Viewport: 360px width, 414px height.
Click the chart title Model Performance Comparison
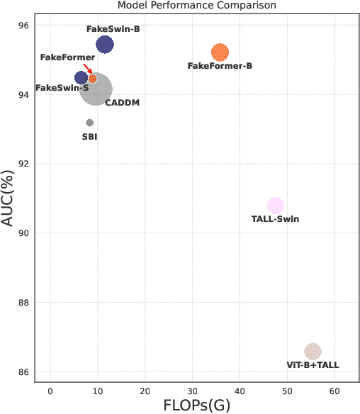tap(197, 6)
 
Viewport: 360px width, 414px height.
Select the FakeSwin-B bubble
tap(104, 45)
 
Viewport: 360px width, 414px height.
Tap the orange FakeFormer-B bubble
tap(220, 52)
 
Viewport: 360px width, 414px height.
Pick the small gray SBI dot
tap(89, 123)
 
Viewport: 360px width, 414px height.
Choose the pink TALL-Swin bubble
tap(275, 206)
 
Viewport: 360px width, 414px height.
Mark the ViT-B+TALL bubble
tap(313, 352)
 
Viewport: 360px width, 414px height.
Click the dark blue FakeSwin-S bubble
tap(81, 78)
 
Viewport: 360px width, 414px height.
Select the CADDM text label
tap(122, 103)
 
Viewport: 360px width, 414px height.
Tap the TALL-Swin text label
tap(275, 219)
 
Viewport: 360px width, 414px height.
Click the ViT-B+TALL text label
tap(313, 365)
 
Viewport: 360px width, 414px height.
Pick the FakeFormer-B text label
tap(220, 66)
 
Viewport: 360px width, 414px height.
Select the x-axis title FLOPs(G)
tap(197, 406)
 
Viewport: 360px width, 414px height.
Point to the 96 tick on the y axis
tap(23, 26)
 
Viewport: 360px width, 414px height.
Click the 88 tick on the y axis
tap(23, 303)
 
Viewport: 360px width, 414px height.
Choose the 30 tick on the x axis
tap(192, 391)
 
